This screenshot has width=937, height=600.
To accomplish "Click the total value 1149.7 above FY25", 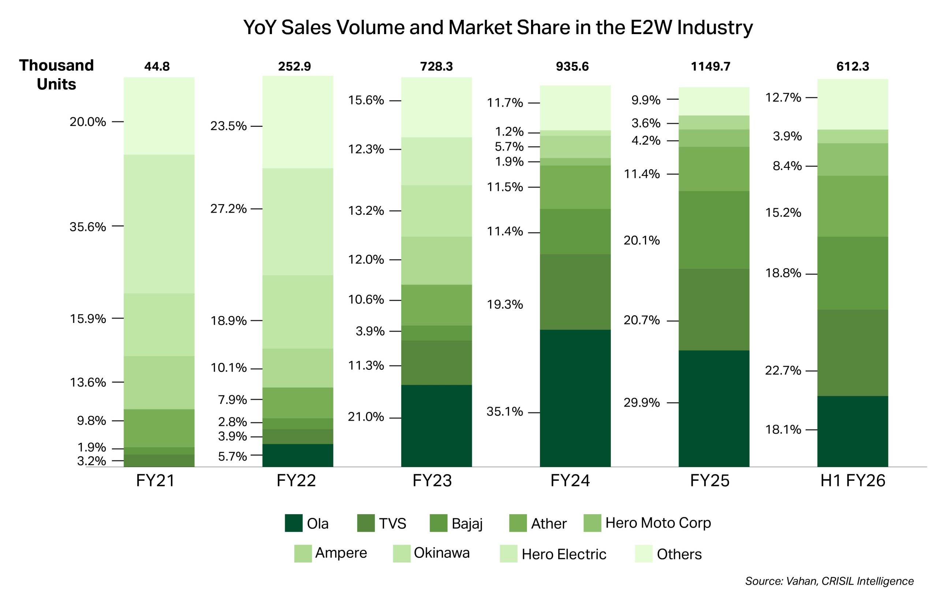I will (x=710, y=67).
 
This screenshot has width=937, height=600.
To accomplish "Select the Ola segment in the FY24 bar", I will (x=575, y=398).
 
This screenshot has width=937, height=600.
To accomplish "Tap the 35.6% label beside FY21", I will (x=87, y=227).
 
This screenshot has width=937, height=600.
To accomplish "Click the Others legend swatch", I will (x=643, y=554).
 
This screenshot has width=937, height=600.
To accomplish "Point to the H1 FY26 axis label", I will (x=852, y=481).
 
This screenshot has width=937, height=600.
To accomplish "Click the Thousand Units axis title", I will (x=56, y=75).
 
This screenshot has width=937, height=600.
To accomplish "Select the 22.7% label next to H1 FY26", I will (x=783, y=370).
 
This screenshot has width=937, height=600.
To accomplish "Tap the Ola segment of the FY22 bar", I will (x=298, y=455).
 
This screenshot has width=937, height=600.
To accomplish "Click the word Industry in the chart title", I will (x=714, y=27).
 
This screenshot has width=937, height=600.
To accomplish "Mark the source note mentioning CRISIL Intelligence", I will (x=829, y=581).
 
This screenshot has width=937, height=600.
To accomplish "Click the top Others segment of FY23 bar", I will (x=436, y=107).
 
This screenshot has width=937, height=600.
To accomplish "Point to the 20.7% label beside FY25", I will (x=642, y=320).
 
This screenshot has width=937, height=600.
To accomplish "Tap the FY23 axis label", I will (x=432, y=481).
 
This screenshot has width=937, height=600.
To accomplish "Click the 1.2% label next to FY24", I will (x=509, y=132).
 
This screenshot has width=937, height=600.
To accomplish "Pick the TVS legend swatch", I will (x=366, y=523).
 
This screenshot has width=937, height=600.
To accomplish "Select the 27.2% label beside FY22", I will (x=228, y=209).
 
